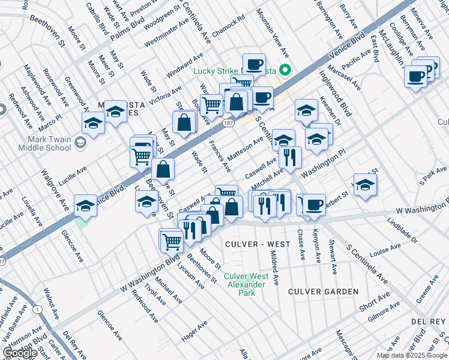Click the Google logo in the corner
click(x=20, y=353)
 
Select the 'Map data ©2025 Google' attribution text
click(x=411, y=355)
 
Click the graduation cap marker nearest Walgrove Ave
click(x=86, y=205)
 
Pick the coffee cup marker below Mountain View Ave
click(x=254, y=64)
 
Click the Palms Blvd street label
click(x=123, y=29)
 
